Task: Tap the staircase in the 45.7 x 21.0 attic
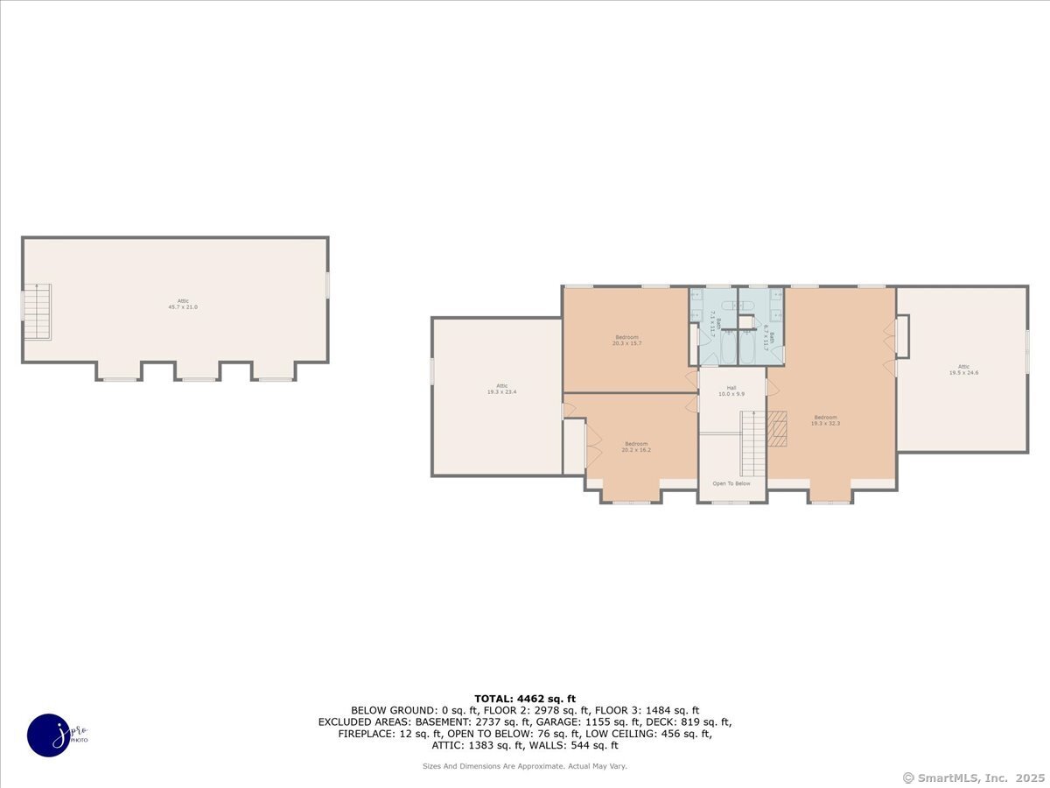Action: point(37,312)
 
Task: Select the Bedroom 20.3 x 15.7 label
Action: point(626,340)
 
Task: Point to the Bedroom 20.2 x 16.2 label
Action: point(636,447)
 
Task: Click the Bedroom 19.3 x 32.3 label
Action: point(825,420)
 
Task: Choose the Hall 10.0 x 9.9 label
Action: point(731,390)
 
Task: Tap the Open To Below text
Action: point(731,483)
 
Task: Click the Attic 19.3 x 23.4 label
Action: point(502,389)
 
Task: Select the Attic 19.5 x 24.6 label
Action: point(963,369)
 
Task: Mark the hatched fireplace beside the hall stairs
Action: point(776,429)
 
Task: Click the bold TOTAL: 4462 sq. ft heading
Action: point(525,698)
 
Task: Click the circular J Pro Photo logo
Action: point(50,735)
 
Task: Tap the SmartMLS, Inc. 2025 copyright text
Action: point(972,777)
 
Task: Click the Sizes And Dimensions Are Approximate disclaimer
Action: point(525,766)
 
